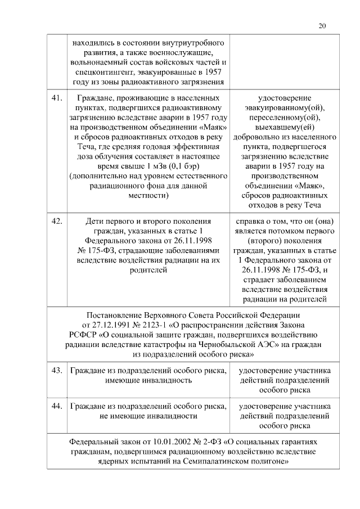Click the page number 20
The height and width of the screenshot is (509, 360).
click(322, 25)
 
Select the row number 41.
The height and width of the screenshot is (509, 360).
click(56, 97)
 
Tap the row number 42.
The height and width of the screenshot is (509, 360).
click(56, 221)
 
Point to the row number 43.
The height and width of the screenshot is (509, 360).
click(56, 371)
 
